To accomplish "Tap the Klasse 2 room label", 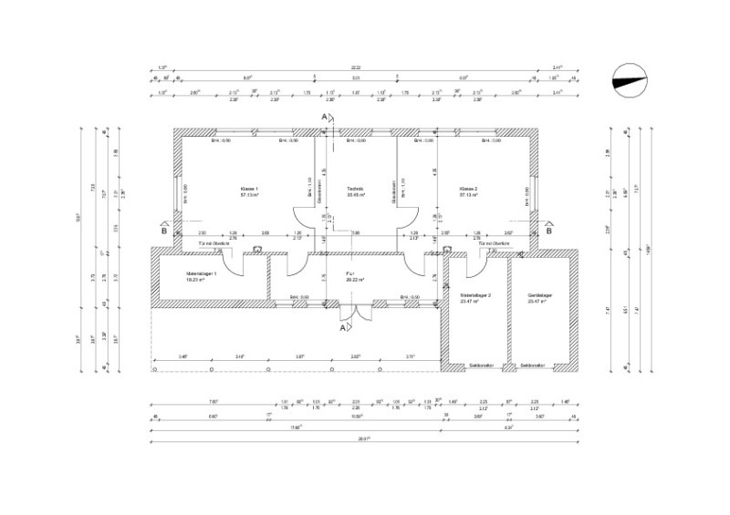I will click(x=470, y=191).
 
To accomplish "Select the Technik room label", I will click(x=355, y=191).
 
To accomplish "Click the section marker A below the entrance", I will click(x=342, y=330).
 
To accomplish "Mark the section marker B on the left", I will click(x=163, y=231).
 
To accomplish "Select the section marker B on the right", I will click(x=548, y=231).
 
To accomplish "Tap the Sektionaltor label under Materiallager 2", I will click(x=481, y=366).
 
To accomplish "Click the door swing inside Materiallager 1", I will click(x=235, y=265).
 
